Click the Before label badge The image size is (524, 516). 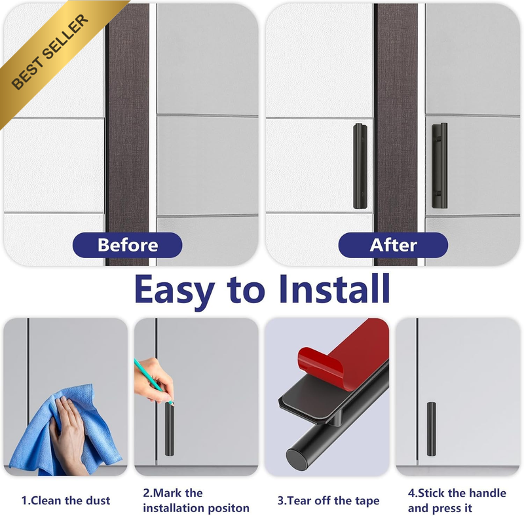click(127, 245)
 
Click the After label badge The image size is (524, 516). click(393, 245)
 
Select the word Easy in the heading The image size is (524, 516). click(174, 291)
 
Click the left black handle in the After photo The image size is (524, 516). click(360, 166)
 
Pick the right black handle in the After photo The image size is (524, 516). click(440, 166)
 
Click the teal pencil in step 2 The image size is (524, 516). click(154, 382)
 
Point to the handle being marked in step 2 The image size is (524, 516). click(170, 429)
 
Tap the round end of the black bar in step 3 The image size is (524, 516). click(297, 460)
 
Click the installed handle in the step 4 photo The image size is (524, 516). click(432, 429)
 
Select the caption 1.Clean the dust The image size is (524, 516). click(65, 500)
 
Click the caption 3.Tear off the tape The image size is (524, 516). click(329, 500)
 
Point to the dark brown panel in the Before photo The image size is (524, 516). click(128, 134)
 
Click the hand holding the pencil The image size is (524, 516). click(155, 381)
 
